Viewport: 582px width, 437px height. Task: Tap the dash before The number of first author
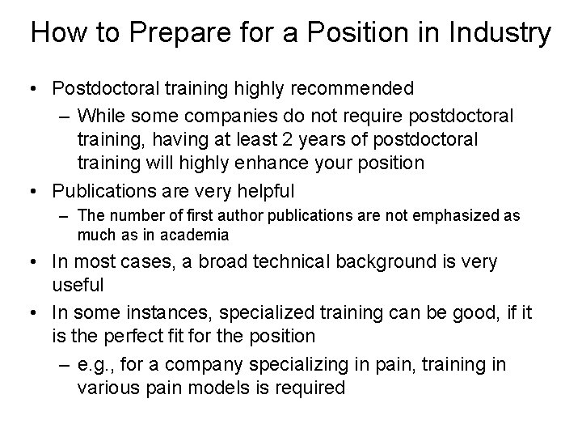pyautogui.click(x=64, y=217)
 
